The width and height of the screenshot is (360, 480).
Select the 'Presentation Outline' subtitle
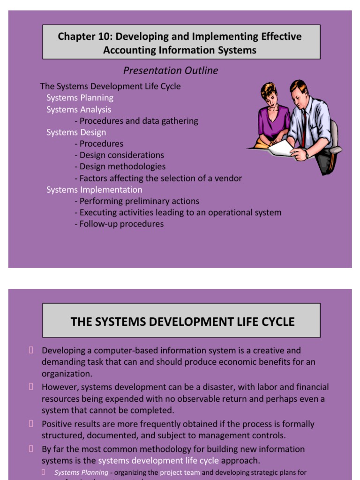(x=171, y=71)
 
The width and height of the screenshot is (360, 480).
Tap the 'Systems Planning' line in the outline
(x=80, y=97)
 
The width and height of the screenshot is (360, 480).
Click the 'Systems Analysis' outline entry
(x=79, y=109)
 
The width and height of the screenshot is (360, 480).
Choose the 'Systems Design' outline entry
(x=76, y=132)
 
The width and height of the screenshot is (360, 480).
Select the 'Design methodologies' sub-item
(x=122, y=166)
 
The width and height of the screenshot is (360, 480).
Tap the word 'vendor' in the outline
(x=228, y=178)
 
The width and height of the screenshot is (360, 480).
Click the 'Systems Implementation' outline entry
(x=94, y=189)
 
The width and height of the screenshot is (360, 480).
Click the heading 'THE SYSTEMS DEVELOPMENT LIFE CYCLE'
(x=182, y=322)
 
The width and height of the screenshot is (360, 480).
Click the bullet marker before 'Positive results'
(x=31, y=424)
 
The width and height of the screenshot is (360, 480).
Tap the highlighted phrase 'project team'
(x=180, y=472)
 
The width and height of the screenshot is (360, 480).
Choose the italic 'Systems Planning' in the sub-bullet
(x=81, y=472)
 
